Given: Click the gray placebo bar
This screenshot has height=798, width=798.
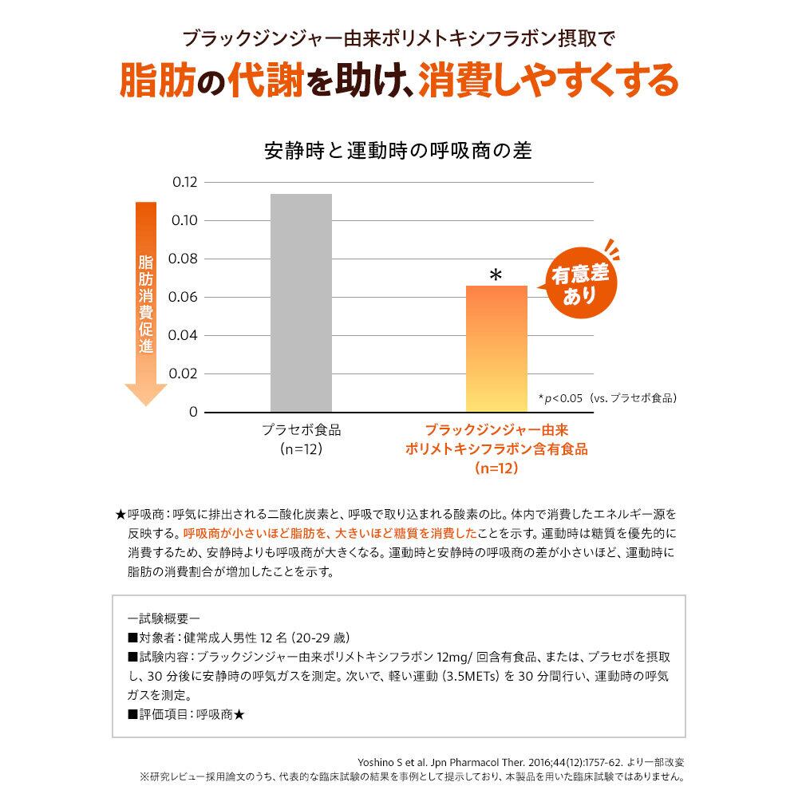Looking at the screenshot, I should click(x=301, y=303).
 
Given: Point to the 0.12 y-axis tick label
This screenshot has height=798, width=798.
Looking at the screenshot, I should click(x=184, y=182).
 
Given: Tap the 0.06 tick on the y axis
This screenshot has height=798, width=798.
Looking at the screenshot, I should click(x=184, y=297).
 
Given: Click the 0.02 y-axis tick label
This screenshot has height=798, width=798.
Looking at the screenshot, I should click(x=184, y=373).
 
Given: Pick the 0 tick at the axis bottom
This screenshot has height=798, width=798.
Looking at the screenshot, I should click(x=192, y=412).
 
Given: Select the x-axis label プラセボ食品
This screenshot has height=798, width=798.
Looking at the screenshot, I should click(x=301, y=429).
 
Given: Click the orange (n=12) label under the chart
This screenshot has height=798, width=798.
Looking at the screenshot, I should click(x=496, y=468).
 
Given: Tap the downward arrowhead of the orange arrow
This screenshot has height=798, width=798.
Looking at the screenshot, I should click(x=146, y=393).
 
